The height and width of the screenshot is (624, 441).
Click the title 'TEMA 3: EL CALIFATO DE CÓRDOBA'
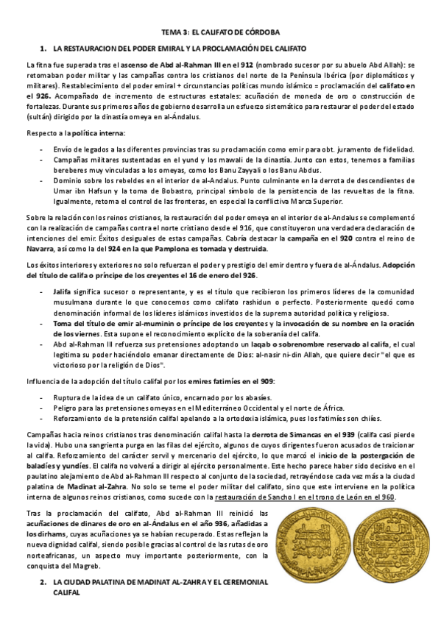click(220, 32)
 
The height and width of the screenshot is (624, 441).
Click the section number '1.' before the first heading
click(44, 48)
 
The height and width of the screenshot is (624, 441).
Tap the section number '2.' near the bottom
click(43, 581)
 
